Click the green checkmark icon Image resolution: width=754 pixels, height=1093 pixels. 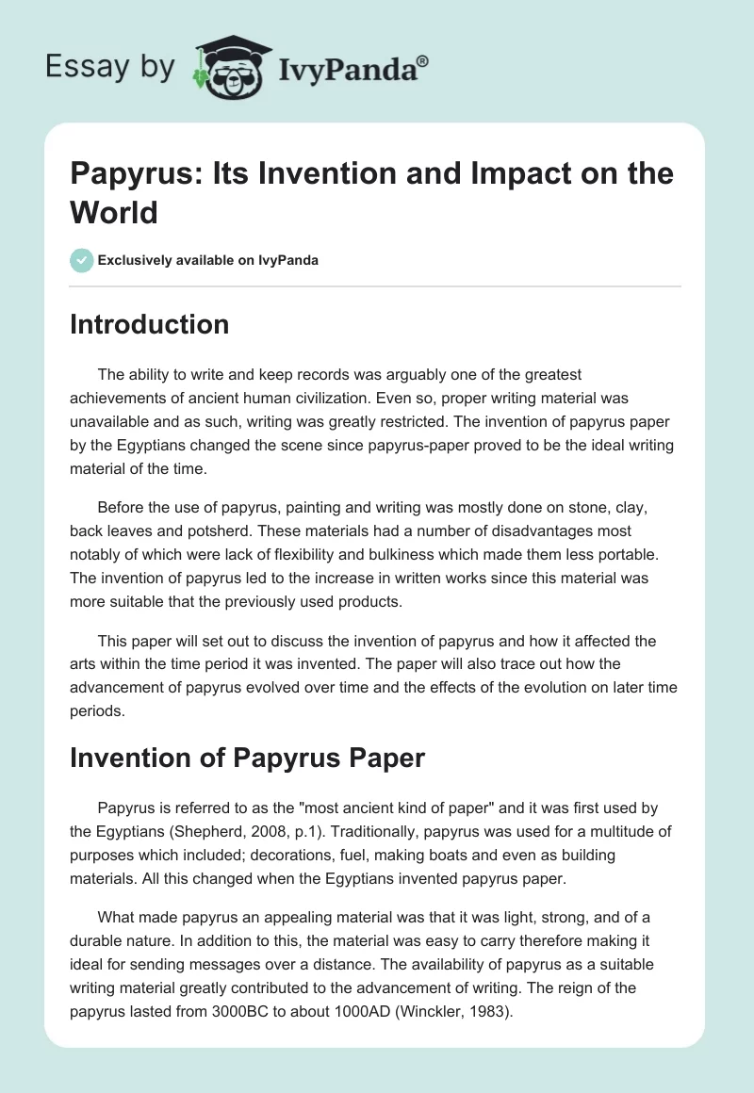tap(82, 260)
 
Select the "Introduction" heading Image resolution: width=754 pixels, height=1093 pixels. tap(150, 324)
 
